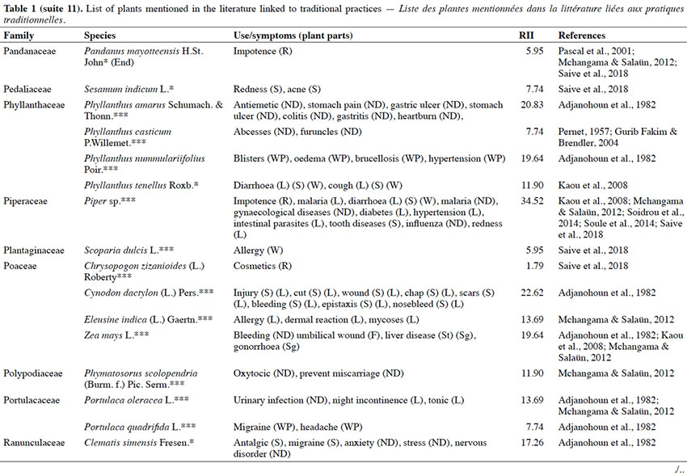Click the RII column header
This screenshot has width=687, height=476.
[x=526, y=36]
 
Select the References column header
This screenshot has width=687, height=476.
[x=581, y=36]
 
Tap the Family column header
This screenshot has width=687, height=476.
[x=19, y=36]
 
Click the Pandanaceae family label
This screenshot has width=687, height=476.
[x=30, y=51]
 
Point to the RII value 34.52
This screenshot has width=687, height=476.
[x=532, y=201]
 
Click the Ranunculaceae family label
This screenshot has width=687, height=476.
[x=34, y=443]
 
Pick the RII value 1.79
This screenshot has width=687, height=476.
[x=534, y=266]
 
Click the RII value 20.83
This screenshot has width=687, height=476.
[x=532, y=105]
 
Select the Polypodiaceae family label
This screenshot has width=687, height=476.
[x=33, y=373]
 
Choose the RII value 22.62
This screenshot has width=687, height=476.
[x=532, y=293]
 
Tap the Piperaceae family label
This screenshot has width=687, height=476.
[x=25, y=201]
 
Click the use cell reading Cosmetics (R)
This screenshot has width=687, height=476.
[x=263, y=266]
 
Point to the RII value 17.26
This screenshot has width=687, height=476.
[x=532, y=443]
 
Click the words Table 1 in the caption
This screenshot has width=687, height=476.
[x=17, y=9]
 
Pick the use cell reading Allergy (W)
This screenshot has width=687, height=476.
[x=258, y=251]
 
